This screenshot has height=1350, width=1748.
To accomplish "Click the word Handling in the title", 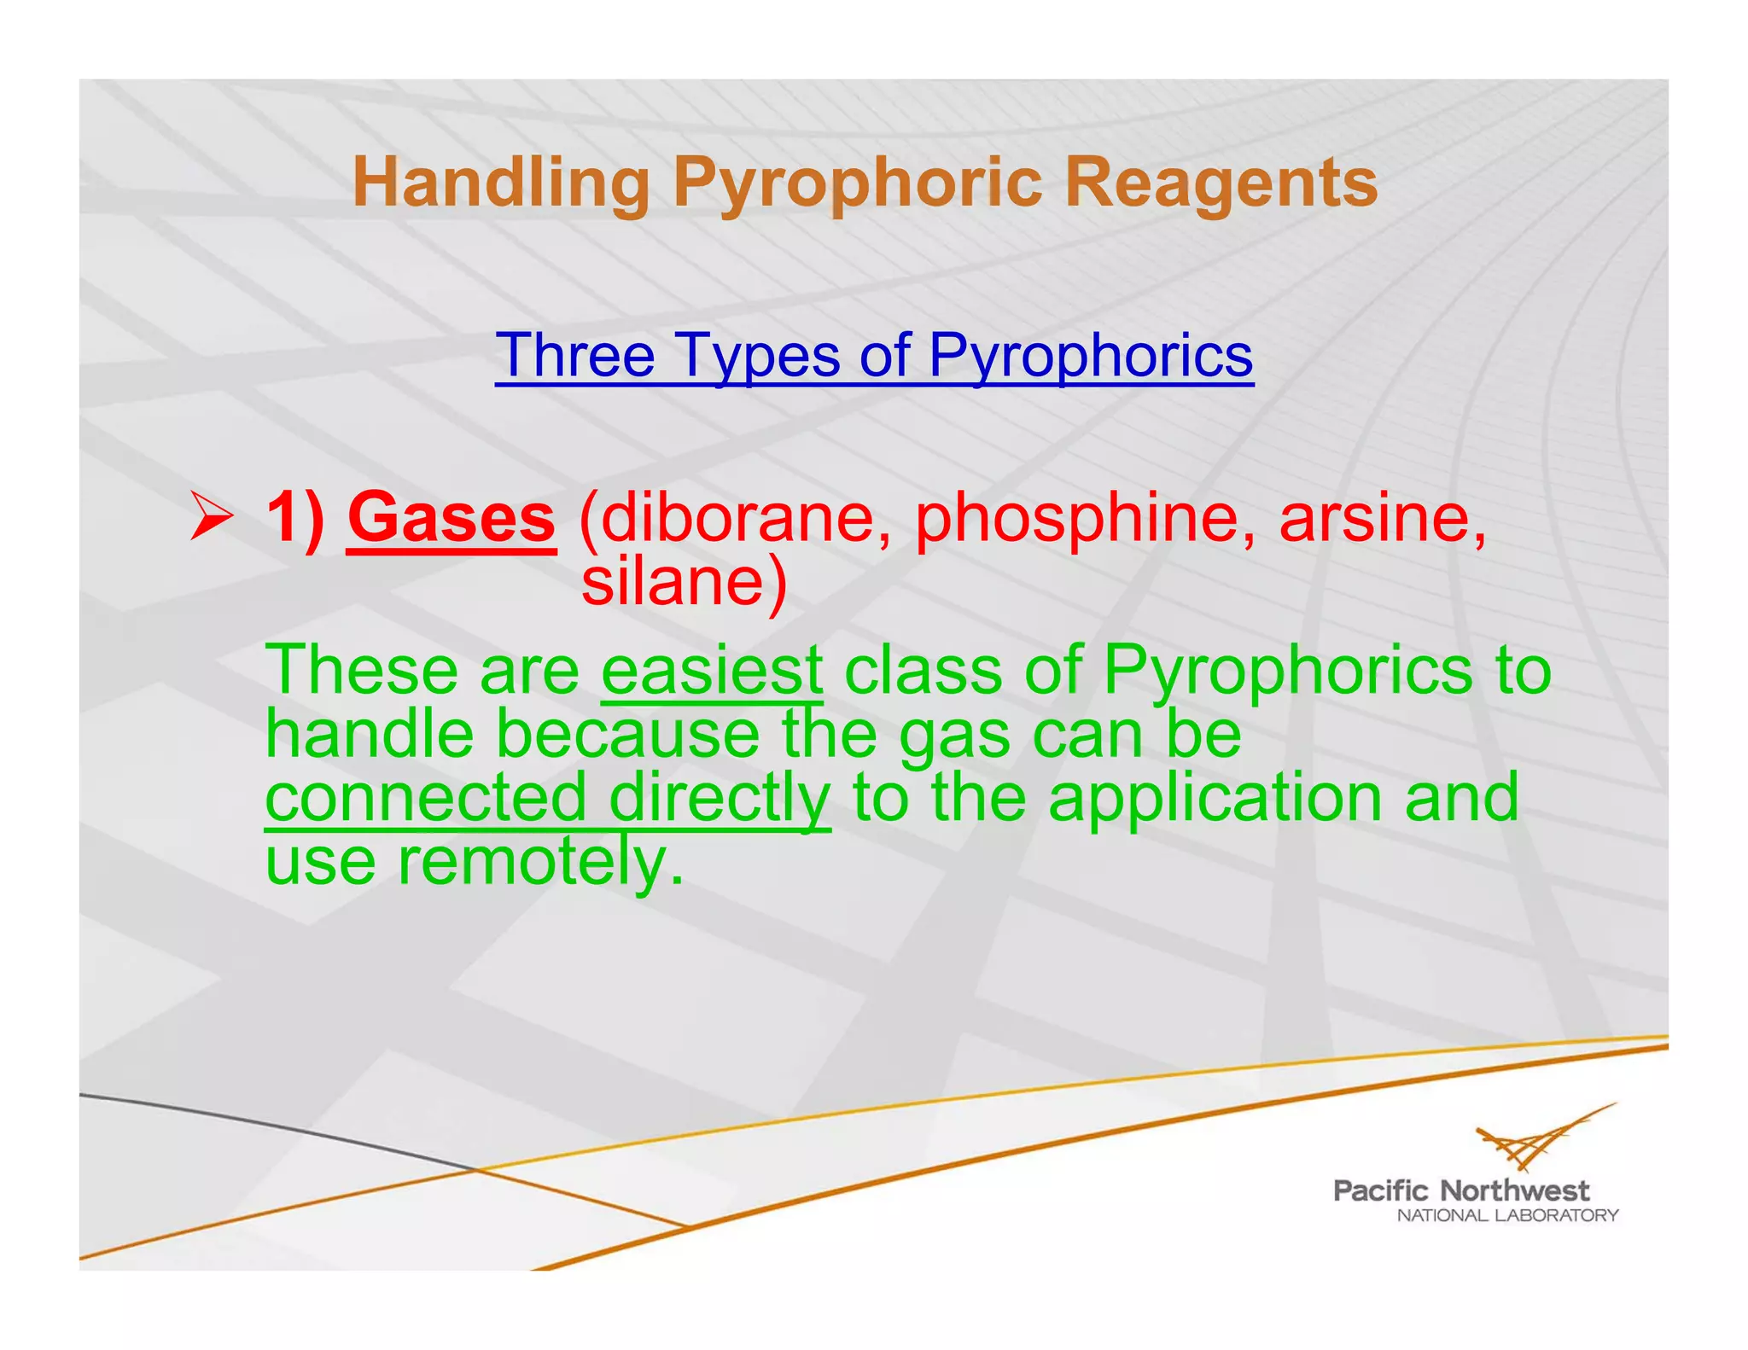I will [x=500, y=183].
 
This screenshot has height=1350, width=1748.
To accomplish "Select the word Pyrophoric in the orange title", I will [x=857, y=183].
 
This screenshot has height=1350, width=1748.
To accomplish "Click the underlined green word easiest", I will [x=712, y=671].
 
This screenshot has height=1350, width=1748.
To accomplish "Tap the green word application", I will [x=1215, y=797].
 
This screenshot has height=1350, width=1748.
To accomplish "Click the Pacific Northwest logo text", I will [x=1460, y=1190].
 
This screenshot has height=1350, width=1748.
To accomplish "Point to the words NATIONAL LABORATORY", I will [x=1506, y=1215].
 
